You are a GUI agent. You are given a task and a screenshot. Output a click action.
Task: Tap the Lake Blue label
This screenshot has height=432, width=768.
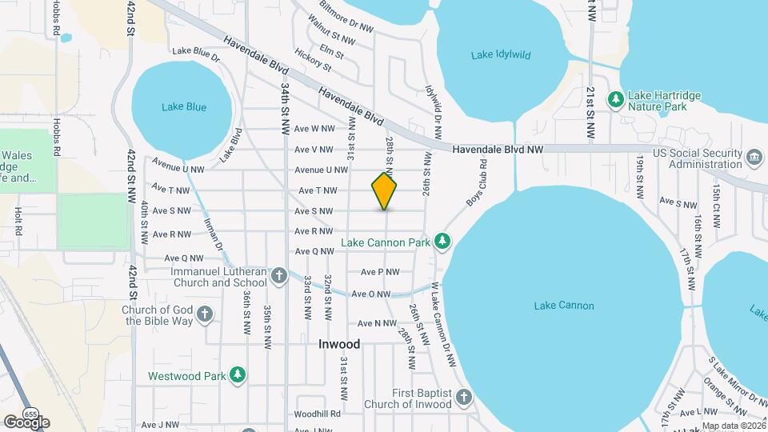[x=184, y=106]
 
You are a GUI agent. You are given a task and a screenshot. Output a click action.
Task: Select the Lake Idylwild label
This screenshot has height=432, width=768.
[x=501, y=55]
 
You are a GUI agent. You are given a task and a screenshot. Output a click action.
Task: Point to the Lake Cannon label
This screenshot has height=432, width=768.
[x=564, y=306]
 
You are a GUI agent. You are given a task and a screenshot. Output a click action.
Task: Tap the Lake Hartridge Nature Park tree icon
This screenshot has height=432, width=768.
[x=615, y=99]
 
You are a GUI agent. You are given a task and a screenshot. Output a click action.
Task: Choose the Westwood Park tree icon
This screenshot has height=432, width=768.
[x=237, y=374]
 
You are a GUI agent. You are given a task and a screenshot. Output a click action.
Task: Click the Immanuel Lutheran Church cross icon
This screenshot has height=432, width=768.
[x=278, y=277]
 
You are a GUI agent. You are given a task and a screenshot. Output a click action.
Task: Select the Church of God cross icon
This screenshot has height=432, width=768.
[x=205, y=314]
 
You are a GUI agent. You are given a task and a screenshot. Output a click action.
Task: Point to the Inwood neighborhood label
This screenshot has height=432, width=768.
[x=339, y=344]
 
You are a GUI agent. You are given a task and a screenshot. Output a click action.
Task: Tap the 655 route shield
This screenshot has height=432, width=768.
[x=30, y=414]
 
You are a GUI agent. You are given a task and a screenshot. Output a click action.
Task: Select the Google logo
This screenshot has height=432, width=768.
[x=26, y=422]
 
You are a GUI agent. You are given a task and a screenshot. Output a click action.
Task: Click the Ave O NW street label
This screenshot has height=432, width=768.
[x=370, y=294]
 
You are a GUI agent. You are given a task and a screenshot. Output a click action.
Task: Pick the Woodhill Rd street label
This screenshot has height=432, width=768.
[x=317, y=414]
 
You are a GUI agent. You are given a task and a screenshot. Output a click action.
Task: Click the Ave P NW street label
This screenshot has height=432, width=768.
[x=380, y=272]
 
